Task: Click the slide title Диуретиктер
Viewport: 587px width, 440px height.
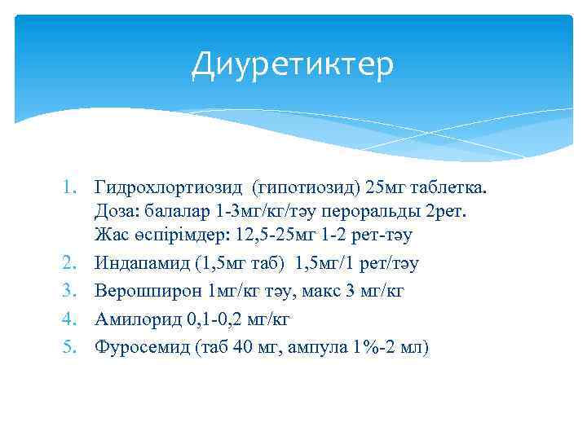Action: [x=292, y=64]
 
